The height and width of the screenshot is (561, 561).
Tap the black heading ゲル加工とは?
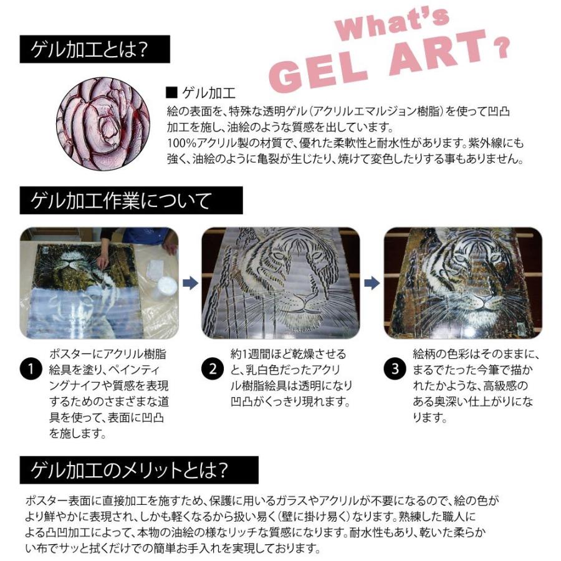coord(86,49)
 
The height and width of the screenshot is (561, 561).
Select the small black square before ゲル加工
coord(171,93)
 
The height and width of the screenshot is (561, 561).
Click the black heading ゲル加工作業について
coord(131,201)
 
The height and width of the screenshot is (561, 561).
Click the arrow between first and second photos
coord(189,284)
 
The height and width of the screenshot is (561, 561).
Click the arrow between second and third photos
coord(372,284)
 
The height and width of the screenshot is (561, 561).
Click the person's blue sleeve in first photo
coord(145,236)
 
